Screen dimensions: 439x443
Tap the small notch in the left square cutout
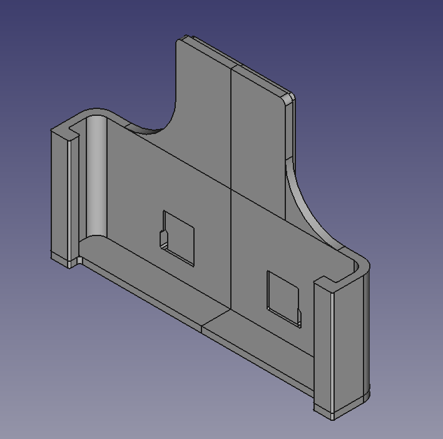pyautogui.click(x=165, y=240)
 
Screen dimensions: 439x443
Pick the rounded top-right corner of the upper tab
pyautogui.click(x=289, y=98)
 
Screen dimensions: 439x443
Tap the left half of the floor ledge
pyautogui.click(x=150, y=276)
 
